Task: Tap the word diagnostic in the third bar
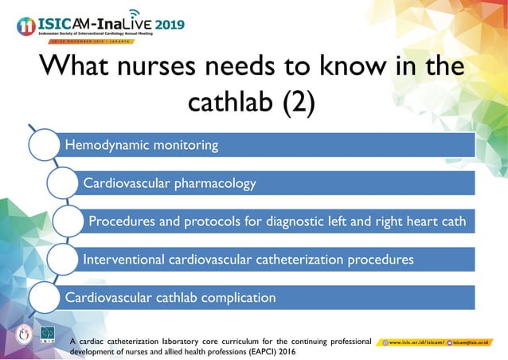(303, 221)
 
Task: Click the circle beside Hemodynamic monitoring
(45, 146)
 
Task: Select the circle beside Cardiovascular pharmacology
(64, 183)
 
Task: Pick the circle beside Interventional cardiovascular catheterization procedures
(64, 259)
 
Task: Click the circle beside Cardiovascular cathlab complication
(45, 297)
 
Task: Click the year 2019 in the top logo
(170, 25)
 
